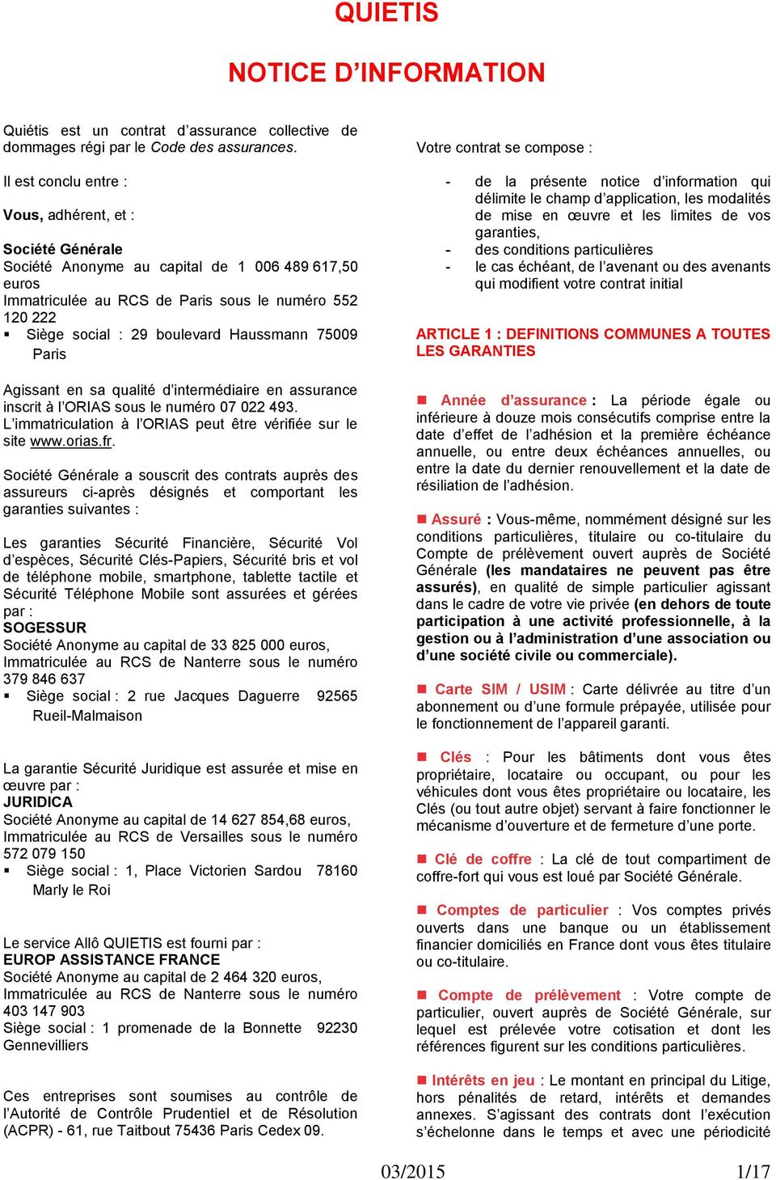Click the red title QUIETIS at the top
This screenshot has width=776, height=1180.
coord(386,13)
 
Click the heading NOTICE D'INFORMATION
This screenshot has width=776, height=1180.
coord(386,72)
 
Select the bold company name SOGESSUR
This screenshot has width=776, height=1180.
coord(44,628)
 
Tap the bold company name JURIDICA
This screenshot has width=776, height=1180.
coord(38,802)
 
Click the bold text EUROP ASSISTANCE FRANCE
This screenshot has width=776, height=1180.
coord(112,960)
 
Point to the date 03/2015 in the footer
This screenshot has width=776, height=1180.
coord(413,1171)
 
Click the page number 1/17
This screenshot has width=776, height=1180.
coord(753,1171)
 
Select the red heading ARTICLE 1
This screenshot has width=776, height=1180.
coord(593,342)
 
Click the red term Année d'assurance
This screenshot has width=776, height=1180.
coord(513,400)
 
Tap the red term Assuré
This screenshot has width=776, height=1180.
coord(456,519)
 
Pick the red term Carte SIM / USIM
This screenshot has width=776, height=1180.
coord(500,689)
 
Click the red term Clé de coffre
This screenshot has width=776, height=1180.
coord(483,859)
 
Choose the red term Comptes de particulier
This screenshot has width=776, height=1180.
coord(522,910)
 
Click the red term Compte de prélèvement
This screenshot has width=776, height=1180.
coord(529,995)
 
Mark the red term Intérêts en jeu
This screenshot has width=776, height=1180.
coord(483,1081)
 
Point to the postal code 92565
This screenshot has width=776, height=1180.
coord(336,696)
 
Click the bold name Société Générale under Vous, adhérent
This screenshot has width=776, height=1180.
coord(63,249)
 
